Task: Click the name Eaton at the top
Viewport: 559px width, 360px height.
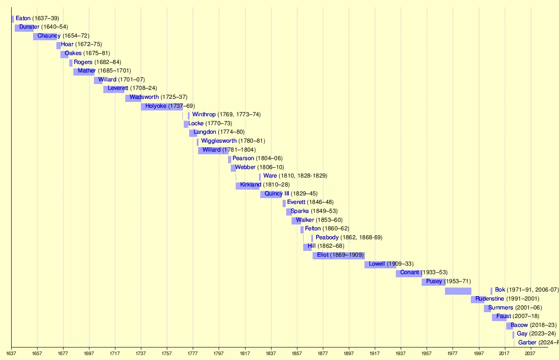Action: [x=23, y=18]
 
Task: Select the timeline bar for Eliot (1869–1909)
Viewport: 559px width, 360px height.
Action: [x=339, y=255]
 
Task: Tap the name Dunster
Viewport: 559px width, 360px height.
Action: [x=29, y=27]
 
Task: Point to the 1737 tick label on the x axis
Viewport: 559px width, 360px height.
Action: [x=141, y=353]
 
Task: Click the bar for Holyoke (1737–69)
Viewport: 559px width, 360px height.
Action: [x=161, y=106]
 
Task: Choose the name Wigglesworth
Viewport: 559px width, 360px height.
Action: [x=219, y=141]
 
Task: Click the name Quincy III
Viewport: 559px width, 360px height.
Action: [x=277, y=194]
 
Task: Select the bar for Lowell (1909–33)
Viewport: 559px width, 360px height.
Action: [x=380, y=264]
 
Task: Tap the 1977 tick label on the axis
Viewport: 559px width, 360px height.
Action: [x=453, y=353]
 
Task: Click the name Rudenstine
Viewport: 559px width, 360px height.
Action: [x=490, y=299]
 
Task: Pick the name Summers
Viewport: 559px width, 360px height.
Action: [x=501, y=308]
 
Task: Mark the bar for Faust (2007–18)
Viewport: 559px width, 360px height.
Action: [x=499, y=317]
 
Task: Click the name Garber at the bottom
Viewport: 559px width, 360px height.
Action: [x=527, y=343]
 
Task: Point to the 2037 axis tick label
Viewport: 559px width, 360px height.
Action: [x=530, y=353]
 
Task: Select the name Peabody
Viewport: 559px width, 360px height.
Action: [x=327, y=237]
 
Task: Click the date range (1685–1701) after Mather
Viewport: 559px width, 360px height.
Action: [x=114, y=71]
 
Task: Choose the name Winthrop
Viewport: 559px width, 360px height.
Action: [x=204, y=114]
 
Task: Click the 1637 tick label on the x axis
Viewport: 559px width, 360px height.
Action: [x=11, y=353]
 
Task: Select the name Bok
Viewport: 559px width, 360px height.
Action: [x=500, y=290]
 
